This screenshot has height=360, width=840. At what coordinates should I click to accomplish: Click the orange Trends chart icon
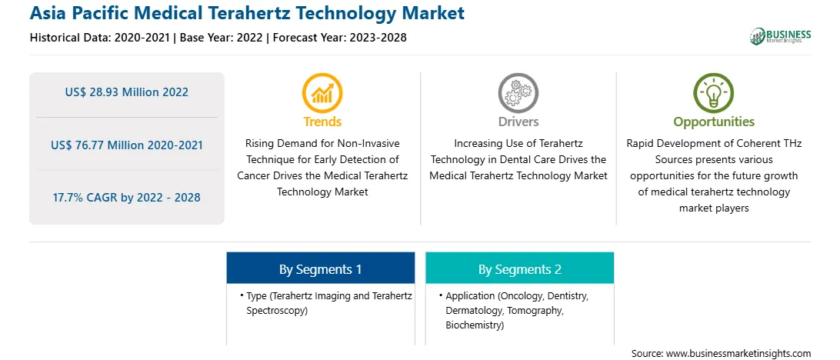tap(322, 92)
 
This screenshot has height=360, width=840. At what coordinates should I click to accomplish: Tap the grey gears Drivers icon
tap(518, 92)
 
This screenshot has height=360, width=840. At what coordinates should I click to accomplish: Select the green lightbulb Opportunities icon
tap(714, 92)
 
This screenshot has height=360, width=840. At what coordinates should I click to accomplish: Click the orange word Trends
tap(322, 122)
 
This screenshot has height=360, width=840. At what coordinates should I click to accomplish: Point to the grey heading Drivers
tap(518, 122)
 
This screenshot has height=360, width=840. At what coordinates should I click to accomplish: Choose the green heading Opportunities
tap(714, 122)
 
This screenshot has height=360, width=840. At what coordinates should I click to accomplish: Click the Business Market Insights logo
tap(781, 36)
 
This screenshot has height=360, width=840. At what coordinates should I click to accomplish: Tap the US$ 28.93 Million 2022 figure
tap(126, 92)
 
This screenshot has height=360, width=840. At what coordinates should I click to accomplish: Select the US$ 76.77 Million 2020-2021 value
tap(127, 145)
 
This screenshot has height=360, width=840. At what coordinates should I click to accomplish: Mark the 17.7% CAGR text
tap(83, 197)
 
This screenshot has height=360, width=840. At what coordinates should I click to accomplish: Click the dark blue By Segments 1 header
tap(320, 269)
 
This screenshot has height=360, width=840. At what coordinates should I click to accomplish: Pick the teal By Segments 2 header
tap(520, 269)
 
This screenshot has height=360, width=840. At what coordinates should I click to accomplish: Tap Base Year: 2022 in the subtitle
tap(222, 38)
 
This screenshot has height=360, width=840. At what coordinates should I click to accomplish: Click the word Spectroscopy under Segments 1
tap(277, 311)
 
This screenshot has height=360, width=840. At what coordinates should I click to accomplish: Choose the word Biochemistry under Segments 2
tap(474, 325)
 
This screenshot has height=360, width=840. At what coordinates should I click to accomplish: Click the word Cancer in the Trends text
tap(255, 175)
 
